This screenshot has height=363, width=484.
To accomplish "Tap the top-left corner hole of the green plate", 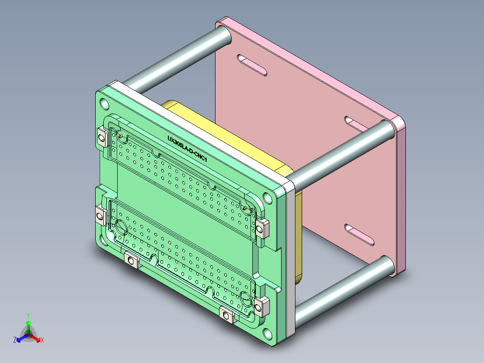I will [x=104, y=104].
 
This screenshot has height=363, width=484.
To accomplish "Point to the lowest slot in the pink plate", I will [x=359, y=235].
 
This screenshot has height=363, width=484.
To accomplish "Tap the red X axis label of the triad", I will [x=42, y=340].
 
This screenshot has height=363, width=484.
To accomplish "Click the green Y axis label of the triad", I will [x=28, y=316].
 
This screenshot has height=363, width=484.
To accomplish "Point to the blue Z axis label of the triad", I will [x=15, y=340].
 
